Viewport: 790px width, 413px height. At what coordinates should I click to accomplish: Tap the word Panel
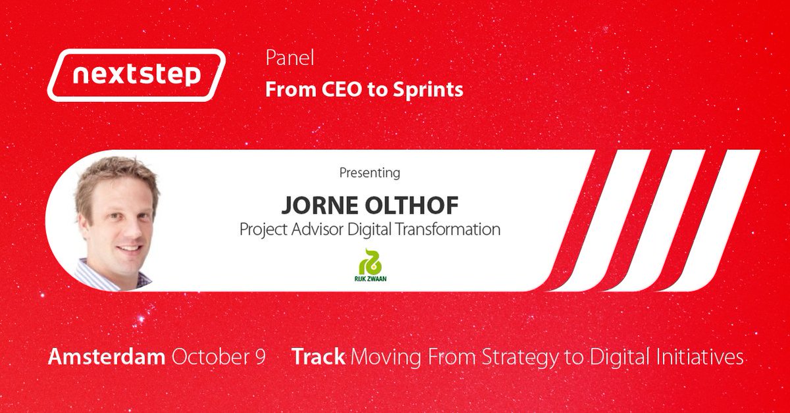pyautogui.click(x=290, y=59)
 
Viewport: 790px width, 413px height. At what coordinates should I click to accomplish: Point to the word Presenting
pyautogui.click(x=369, y=174)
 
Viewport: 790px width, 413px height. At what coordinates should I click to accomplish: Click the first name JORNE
pyautogui.click(x=320, y=205)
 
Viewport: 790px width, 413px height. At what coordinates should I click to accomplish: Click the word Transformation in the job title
pyautogui.click(x=451, y=230)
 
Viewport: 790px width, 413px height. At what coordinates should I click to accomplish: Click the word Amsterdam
pyautogui.click(x=107, y=357)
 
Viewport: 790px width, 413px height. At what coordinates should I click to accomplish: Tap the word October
pyautogui.click(x=209, y=357)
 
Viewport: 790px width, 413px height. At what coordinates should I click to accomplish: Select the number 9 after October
pyautogui.click(x=259, y=357)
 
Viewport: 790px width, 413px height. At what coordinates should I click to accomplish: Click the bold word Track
pyautogui.click(x=319, y=357)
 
